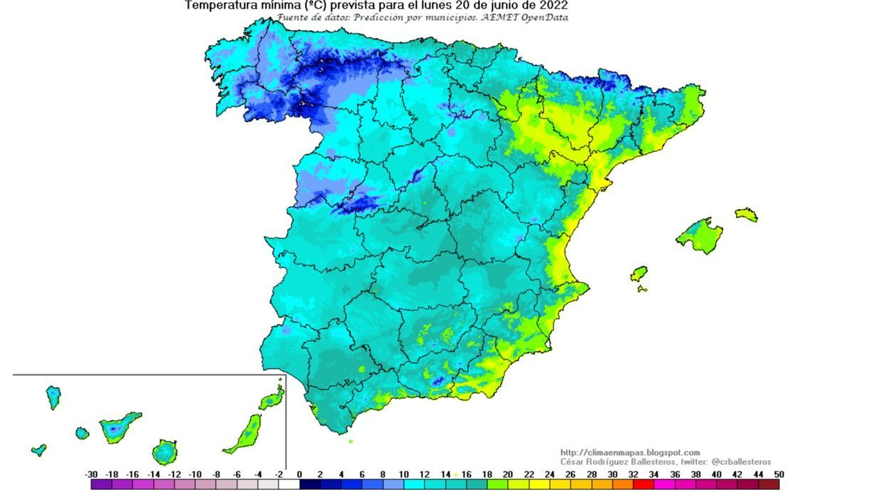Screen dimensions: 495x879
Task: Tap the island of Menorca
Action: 746,214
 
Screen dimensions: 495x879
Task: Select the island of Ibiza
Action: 639,274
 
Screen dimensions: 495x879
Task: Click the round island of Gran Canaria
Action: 165,451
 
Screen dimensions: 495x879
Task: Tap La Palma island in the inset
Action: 53,397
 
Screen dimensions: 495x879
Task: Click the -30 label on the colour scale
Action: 91,474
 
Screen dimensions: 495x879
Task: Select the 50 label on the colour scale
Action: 779,474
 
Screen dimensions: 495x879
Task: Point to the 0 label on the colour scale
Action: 299,474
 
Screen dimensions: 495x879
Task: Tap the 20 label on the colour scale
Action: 508,474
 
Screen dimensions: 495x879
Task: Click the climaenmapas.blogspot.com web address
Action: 630,452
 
